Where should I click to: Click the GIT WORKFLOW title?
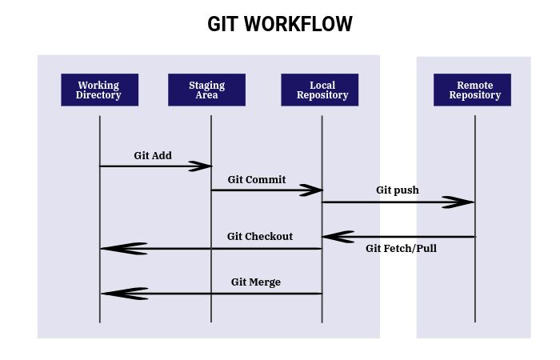coord(280,24)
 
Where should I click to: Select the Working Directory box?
coord(99,90)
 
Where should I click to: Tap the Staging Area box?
coord(206,90)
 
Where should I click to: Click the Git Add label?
coord(153,155)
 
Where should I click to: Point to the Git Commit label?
coord(256,179)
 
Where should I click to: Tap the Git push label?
coord(398,190)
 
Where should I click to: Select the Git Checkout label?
coord(260,236)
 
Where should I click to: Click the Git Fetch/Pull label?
coord(401,248)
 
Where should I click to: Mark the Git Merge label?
coord(256,282)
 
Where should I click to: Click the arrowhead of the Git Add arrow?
coord(201,166)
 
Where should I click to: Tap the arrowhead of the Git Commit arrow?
coord(311,190)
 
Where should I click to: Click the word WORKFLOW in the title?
coord(298,24)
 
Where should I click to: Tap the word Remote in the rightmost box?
coord(474,85)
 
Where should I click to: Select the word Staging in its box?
coord(206,85)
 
